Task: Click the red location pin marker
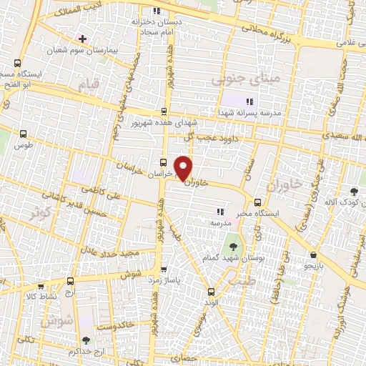(x=184, y=169)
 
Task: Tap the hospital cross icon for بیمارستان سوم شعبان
(x=83, y=38)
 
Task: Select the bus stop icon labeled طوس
(x=24, y=134)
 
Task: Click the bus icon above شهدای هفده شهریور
(x=164, y=111)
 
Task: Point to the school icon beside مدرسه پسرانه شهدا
(x=249, y=102)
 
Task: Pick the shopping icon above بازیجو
(x=313, y=254)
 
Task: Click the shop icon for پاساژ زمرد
(x=164, y=269)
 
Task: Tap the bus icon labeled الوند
(x=210, y=291)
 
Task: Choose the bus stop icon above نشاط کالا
(x=70, y=282)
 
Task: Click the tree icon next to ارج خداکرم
(x=86, y=341)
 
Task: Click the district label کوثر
(x=40, y=212)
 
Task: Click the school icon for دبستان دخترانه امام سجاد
(x=157, y=12)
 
